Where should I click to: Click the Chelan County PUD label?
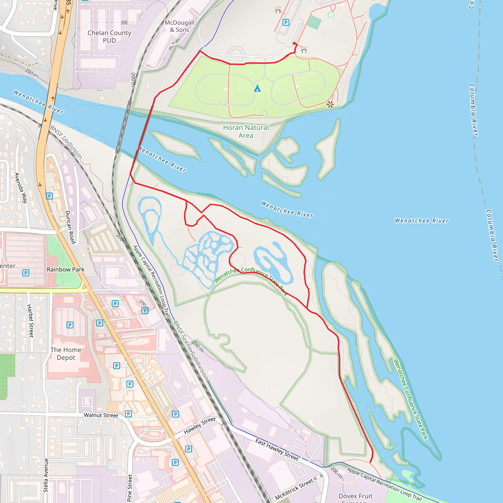point(109,36)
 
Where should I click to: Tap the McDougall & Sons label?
point(179,26)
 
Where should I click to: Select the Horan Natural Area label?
point(246,131)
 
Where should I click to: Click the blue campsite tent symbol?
point(257,88)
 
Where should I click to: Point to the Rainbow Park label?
point(66,269)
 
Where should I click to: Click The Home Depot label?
point(66,354)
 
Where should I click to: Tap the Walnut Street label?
point(101,415)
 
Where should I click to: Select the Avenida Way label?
point(21,187)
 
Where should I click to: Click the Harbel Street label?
point(30,321)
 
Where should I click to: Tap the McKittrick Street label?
point(294,489)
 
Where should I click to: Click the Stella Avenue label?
point(46,475)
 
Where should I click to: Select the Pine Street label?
point(130,487)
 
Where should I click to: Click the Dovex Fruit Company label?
point(355,497)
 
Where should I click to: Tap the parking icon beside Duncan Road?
point(49,196)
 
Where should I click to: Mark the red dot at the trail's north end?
point(294,43)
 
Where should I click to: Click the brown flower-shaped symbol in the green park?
point(330,104)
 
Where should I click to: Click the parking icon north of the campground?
point(286,22)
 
